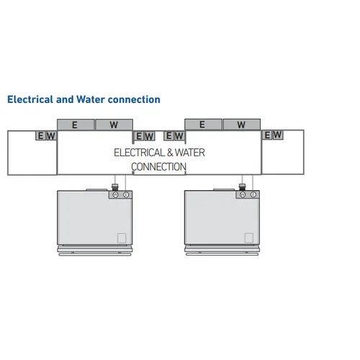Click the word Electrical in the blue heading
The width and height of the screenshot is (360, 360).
30,99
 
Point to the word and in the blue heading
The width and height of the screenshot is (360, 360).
65,99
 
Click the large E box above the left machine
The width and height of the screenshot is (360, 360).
76,125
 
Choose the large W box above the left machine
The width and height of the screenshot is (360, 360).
114,125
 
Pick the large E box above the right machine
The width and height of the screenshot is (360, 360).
203,125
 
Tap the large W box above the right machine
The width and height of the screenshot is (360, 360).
242,125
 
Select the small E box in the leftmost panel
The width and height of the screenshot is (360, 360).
40,135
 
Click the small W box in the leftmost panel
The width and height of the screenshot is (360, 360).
51,136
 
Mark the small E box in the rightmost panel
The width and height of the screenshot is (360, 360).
267,135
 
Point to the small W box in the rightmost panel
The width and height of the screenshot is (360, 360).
277,135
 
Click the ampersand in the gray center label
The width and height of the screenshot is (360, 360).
170,153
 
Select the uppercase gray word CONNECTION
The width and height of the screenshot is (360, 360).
158,167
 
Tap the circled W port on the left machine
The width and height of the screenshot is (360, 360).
115,194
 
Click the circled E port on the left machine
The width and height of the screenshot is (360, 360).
126,195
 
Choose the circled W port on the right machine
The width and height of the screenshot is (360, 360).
243,194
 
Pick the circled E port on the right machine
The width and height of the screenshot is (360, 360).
253,194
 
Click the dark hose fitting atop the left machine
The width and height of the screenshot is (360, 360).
115,187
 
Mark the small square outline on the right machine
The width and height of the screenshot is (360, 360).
249,238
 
